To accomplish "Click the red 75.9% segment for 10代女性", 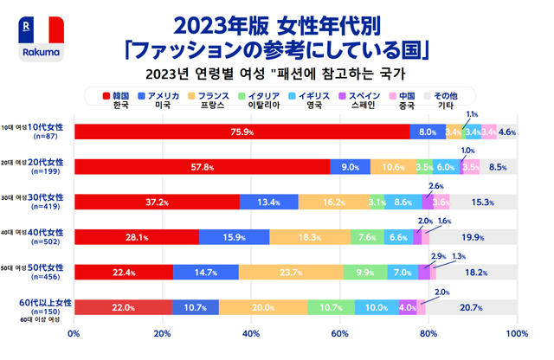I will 242,132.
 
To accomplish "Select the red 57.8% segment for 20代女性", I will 203,167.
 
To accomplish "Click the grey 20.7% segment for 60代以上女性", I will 471,307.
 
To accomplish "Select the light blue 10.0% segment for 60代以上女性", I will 377,307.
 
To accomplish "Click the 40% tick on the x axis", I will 251,333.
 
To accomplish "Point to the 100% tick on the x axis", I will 516,333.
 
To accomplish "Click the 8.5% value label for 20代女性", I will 498,167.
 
